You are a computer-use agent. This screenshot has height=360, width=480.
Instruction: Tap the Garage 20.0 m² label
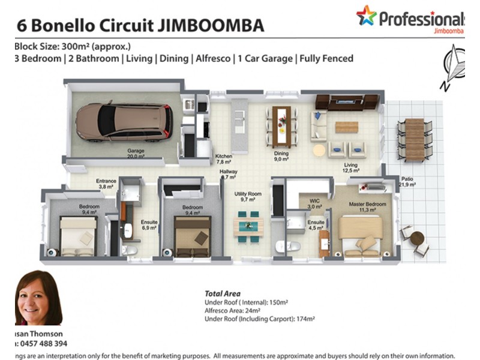coord(135,154)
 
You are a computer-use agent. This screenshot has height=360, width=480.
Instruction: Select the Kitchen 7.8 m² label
coord(224,159)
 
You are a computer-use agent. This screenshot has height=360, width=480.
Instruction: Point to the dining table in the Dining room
coord(281,125)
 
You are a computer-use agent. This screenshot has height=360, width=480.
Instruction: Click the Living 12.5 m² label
coord(351,168)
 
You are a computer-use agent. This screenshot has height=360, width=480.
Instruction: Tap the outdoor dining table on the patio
coord(414,139)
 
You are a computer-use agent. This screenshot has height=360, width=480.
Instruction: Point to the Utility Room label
coord(248,196)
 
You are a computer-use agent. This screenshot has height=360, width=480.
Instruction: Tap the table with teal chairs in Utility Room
coord(248,226)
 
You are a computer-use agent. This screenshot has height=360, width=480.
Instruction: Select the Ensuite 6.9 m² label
coord(149,225)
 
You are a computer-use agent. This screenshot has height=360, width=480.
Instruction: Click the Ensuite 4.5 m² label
coord(316,225)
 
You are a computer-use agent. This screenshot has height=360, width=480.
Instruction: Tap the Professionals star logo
coord(366,16)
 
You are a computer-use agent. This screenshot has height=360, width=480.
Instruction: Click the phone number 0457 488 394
coord(41,344)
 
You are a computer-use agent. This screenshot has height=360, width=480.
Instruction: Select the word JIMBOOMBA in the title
coord(212,26)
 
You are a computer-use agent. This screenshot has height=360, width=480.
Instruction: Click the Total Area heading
coord(223,295)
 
